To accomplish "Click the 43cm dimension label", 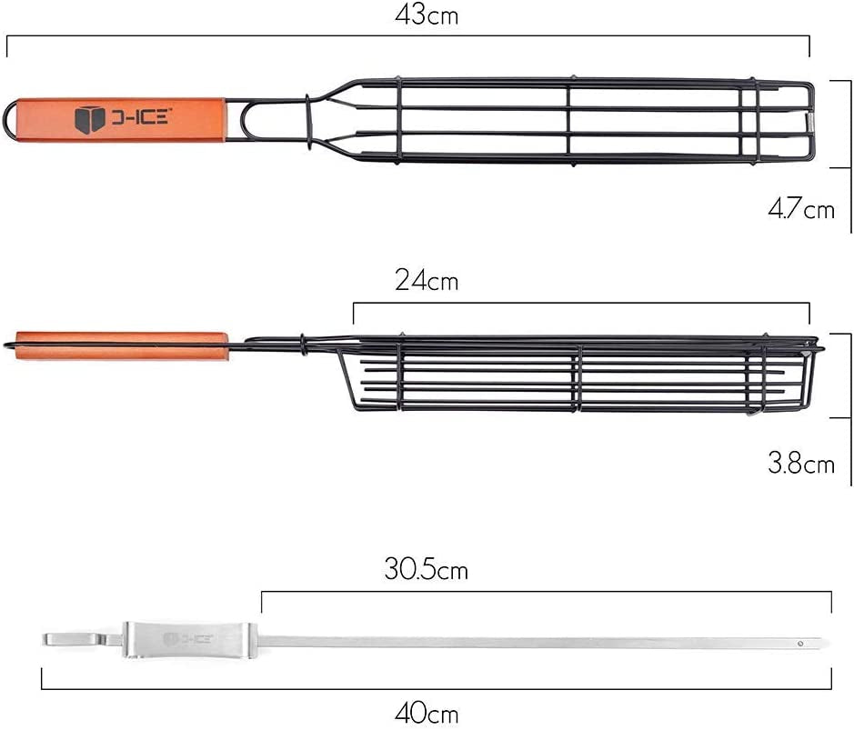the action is pos(427,15).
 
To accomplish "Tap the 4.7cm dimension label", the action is pos(801,208).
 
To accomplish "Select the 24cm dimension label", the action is pos(427,281).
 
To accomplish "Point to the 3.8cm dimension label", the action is pos(801,463).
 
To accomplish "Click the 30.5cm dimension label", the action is pos(426,569).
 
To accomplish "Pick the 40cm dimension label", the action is pos(427,713).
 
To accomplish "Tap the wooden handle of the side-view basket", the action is pos(122,346).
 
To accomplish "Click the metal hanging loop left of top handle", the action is pos(9,120).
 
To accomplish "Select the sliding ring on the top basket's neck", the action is pos(308,122).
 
